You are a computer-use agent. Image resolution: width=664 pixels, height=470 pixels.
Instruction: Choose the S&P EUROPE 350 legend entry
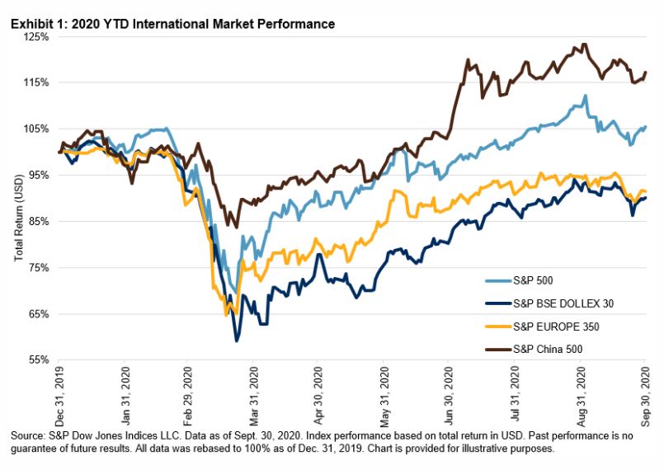click(540, 326)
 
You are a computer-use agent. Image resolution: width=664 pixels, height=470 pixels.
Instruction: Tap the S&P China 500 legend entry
click(534, 348)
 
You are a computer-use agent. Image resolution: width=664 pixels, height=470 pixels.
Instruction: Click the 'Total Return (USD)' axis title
click(18, 210)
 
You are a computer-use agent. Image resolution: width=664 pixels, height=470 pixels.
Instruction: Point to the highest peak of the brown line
click(584, 45)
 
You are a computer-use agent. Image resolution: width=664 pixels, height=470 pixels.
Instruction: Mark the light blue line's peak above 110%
click(585, 96)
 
